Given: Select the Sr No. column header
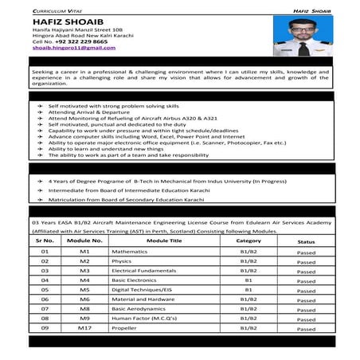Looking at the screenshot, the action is [x=45, y=239].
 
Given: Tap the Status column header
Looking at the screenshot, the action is [x=306, y=240].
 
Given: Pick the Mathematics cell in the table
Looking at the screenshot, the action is [x=131, y=251].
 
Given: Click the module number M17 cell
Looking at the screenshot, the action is [x=85, y=327].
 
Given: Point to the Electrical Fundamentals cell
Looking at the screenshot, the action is [x=143, y=270].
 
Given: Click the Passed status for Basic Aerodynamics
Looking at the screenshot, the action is [x=306, y=308].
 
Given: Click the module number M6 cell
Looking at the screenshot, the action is [x=85, y=299].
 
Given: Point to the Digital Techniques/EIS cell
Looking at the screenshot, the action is [x=141, y=289].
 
